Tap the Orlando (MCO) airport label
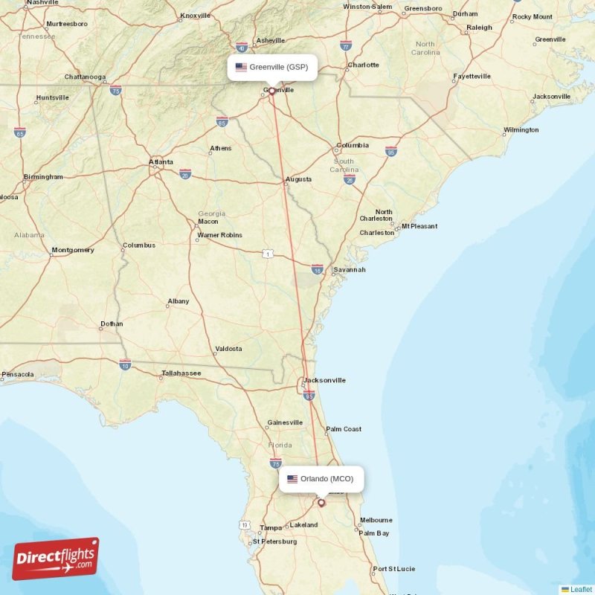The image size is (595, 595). point(322,479)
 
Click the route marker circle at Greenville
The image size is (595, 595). point(272,91)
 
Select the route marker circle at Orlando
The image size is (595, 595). point(321,503)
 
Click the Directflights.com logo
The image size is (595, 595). point(56,559)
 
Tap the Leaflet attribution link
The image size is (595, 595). point(581,589)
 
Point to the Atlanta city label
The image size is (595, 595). point(161,161)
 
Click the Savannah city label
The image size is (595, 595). point(349,269)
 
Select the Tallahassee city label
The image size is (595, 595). point(181,373)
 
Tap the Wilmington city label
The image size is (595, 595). point(521,130)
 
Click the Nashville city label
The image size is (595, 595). point(42,3)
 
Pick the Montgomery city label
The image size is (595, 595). point(73,250)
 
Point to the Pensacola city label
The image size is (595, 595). point(18,374)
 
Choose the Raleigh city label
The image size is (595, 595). point(479,28)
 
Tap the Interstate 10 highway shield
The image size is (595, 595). point(125,364)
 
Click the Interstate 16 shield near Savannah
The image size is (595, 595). point(318,269)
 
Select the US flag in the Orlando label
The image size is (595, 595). point(292,479)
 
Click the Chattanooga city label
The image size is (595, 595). point(85,77)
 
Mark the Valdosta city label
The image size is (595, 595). point(228,348)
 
